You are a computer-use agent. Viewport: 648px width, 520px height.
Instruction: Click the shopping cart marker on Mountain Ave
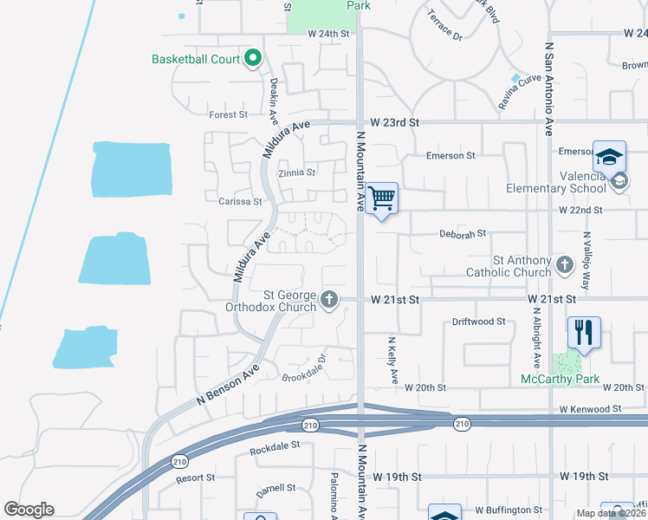pos(381,199)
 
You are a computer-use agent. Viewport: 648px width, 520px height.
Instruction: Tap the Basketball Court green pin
pos(253,59)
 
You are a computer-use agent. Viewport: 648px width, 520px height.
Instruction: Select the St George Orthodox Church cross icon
pos(328,300)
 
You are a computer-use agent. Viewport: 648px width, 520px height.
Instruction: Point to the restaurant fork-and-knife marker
pos(584,332)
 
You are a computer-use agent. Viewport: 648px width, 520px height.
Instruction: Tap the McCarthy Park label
pos(560,379)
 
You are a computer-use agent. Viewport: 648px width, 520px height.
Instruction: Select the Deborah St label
pos(463,234)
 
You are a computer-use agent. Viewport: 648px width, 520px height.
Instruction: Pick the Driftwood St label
pos(478,322)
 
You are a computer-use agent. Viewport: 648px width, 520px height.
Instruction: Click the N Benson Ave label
pos(228,381)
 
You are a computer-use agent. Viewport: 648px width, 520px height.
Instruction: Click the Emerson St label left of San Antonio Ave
pos(450,156)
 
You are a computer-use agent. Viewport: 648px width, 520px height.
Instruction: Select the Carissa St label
pos(240,201)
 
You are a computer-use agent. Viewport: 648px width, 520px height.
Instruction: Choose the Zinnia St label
pos(296,172)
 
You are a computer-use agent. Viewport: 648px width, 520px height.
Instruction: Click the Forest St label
pos(228,114)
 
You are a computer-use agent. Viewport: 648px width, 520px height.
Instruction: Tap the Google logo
pos(29,510)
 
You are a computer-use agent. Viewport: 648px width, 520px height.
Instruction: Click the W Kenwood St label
pos(590,408)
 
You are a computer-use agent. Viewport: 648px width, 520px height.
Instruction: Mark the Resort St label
pos(194,478)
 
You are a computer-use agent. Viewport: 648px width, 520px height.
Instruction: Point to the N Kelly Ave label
pos(392,361)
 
